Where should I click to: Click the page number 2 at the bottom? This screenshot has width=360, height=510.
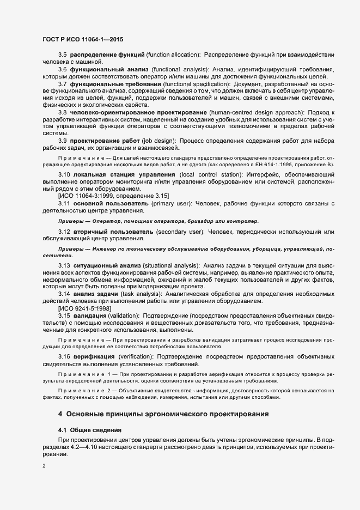(x=44, y=466)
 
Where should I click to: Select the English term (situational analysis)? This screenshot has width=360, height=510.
(x=169, y=265)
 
